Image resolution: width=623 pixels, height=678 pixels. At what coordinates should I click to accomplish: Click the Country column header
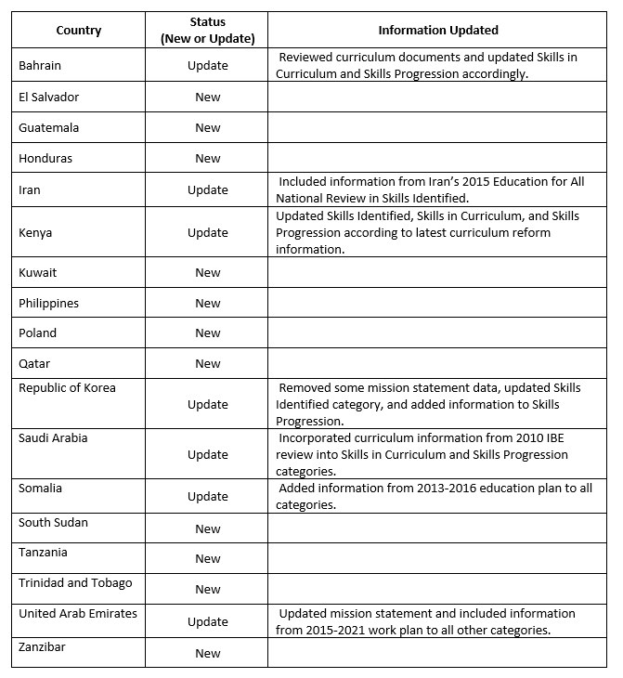click(78, 30)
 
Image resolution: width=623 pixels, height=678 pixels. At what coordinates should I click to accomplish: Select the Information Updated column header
click(437, 30)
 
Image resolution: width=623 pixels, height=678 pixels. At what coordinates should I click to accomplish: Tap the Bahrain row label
click(42, 65)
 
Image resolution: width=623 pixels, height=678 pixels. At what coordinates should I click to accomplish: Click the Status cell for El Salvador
click(207, 97)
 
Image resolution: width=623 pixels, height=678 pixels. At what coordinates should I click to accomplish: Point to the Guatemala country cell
click(48, 127)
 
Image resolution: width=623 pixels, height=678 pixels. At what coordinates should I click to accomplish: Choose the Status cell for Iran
click(207, 189)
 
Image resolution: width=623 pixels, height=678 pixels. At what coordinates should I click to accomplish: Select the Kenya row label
click(35, 232)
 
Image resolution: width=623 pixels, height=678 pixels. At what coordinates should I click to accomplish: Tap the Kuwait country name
click(37, 272)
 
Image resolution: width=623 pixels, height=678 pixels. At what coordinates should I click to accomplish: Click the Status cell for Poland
click(207, 333)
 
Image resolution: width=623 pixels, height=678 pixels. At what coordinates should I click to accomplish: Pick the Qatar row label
click(34, 363)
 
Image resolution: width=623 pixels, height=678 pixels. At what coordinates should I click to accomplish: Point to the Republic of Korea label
click(67, 387)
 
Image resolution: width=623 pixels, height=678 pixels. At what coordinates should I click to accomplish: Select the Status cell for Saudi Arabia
click(207, 454)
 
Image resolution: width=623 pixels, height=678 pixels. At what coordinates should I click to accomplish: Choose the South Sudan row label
click(53, 522)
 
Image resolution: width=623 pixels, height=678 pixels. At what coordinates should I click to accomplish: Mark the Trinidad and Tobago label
click(75, 582)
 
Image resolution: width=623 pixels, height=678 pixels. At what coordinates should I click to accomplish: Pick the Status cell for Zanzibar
click(207, 653)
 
